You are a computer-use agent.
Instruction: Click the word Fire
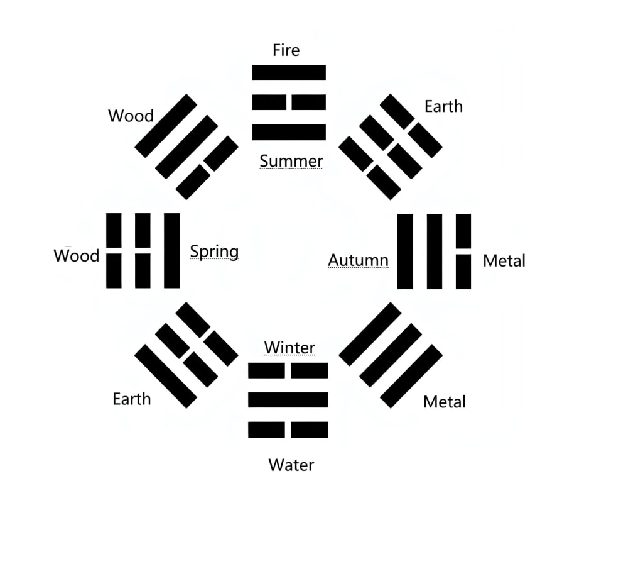[x=286, y=50]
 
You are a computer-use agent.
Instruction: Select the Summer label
[x=291, y=161]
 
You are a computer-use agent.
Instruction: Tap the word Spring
[x=214, y=252]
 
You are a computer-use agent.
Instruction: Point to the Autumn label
[x=358, y=260]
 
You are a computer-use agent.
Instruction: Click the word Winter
[x=289, y=347]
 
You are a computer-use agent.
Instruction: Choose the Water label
[x=291, y=465]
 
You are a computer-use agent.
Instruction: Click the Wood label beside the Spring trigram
[x=77, y=256]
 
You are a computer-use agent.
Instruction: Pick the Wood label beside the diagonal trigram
[x=131, y=116]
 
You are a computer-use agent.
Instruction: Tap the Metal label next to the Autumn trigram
[x=504, y=260]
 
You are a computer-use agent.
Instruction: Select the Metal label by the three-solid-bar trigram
[x=445, y=402]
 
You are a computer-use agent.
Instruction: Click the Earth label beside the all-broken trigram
[x=443, y=106]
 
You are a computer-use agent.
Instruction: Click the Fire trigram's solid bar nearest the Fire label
[x=289, y=73]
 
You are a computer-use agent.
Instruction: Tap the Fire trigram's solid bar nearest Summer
[x=289, y=132]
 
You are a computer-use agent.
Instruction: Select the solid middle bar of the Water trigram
[x=288, y=399]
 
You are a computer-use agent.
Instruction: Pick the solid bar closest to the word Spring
[x=171, y=251]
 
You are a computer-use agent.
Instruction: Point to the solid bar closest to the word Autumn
[x=405, y=252]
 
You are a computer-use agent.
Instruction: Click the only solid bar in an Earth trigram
[x=166, y=376]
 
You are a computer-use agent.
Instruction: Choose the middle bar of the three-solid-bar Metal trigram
[x=391, y=355]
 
